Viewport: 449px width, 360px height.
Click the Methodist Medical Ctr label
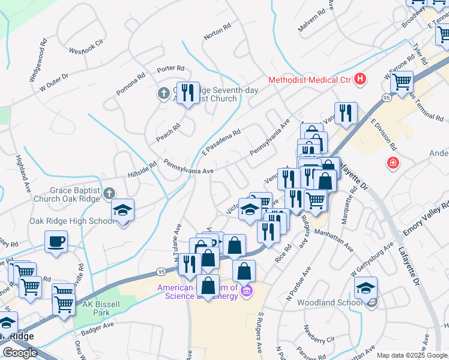tap(309, 79)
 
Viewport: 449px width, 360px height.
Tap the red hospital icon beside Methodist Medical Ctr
tap(360, 79)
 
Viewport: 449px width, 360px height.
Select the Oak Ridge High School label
tap(72, 221)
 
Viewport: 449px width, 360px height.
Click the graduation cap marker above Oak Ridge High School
tap(122, 211)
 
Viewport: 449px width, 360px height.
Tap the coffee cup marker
tap(56, 242)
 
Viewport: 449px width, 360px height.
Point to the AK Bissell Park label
tap(97, 309)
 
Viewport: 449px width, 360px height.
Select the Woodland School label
tap(330, 303)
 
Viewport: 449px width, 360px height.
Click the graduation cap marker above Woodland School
tap(366, 289)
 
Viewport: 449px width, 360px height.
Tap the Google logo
tap(20, 353)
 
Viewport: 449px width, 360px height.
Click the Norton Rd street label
tap(217, 32)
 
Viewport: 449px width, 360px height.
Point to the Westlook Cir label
tap(87, 47)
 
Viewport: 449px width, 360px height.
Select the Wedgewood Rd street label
tap(38, 61)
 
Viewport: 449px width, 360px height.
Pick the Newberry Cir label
tap(319, 335)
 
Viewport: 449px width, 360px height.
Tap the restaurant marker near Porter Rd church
tap(188, 93)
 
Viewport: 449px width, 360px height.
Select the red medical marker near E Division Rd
tap(393, 163)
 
